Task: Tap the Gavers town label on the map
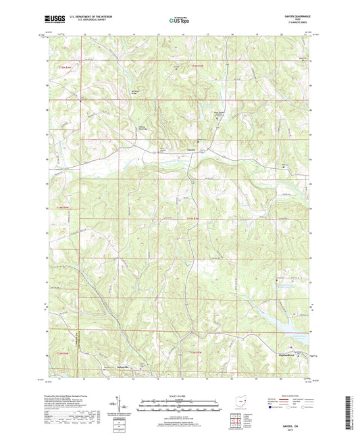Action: [x=192, y=150]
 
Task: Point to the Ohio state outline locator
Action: [x=238, y=400]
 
